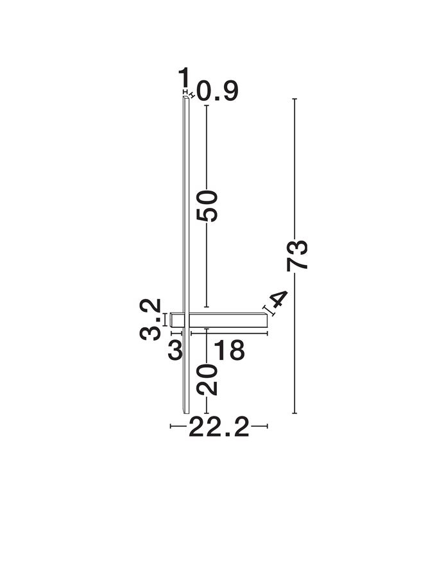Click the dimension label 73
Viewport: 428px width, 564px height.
coord(297,254)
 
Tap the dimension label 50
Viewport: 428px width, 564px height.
coord(207,206)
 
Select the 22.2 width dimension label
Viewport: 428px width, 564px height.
coord(219,426)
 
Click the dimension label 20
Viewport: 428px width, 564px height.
coord(207,379)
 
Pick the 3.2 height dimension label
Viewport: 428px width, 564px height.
coord(150,319)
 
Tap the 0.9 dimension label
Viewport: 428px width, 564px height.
coord(218,91)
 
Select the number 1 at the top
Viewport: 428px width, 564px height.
coord(184,76)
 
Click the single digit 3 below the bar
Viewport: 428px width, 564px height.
coord(175,350)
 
